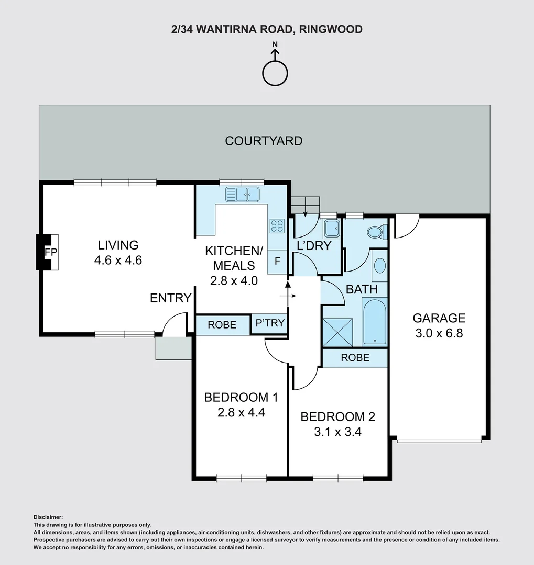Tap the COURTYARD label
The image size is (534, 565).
[x=264, y=141]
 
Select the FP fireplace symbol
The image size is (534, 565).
[x=47, y=252]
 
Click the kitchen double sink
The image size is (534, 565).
[x=242, y=194]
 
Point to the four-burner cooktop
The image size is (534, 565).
[x=277, y=226]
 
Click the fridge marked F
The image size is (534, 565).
[x=277, y=261]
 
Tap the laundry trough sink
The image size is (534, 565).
[x=331, y=228]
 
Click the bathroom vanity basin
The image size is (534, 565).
[x=379, y=266]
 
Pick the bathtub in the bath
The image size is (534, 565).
[x=374, y=321]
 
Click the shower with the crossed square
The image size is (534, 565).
[x=337, y=332]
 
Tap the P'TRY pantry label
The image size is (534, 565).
[x=270, y=323]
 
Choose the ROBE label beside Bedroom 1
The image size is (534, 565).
[x=222, y=325]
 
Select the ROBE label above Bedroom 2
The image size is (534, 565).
[x=355, y=357]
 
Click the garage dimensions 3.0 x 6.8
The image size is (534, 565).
[x=439, y=333]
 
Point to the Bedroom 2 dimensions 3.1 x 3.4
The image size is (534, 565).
[x=337, y=432]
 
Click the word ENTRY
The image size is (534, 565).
[x=170, y=298]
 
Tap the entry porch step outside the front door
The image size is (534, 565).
[x=173, y=348]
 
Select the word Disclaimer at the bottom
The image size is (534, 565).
[x=48, y=517]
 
